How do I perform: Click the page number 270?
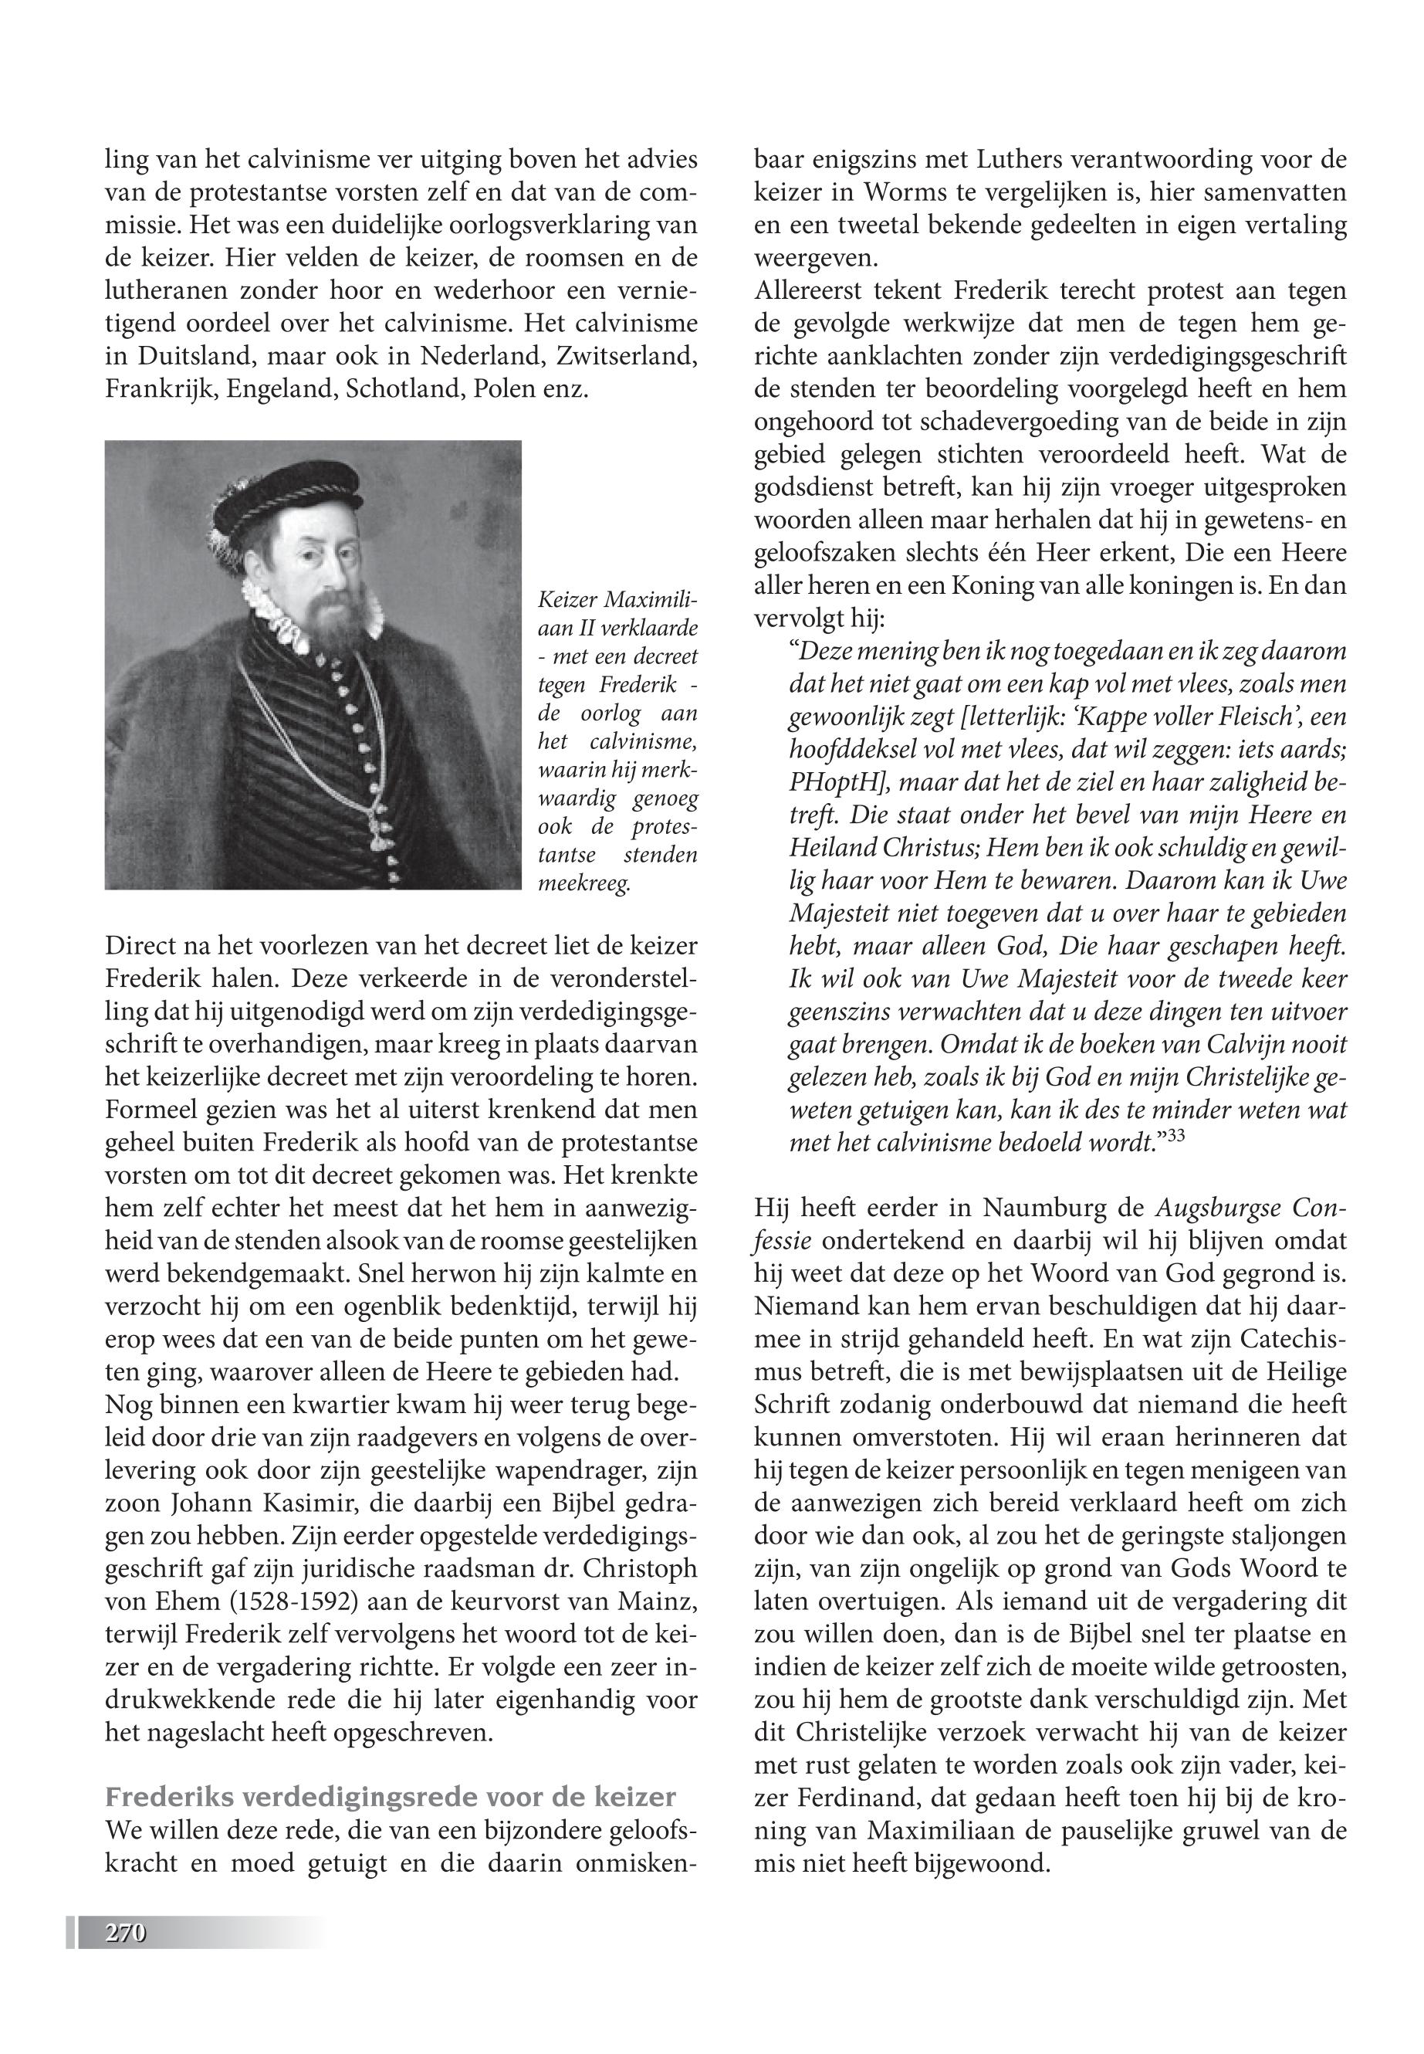(125, 1934)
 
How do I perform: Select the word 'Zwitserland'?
(624, 356)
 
